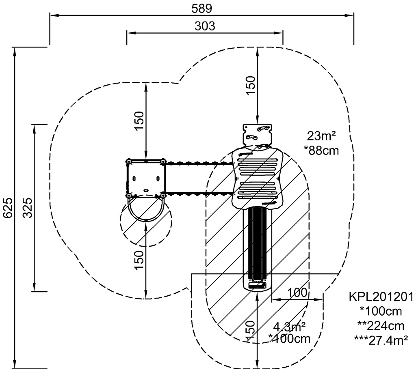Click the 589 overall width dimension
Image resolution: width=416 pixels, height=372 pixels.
tap(202, 9)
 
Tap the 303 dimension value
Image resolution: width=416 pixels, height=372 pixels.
tap(205, 26)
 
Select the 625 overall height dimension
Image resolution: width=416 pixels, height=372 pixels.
tap(8, 207)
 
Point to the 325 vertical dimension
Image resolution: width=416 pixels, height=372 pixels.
tap(27, 207)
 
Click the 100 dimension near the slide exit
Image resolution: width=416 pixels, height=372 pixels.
tap(297, 293)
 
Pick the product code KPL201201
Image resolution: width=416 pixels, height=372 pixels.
tap(381, 297)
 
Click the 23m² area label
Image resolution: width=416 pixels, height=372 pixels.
tap(321, 136)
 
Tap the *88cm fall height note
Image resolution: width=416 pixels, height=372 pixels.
tap(321, 151)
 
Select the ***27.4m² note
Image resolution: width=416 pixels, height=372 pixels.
tap(381, 340)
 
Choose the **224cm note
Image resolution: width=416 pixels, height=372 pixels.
tap(381, 326)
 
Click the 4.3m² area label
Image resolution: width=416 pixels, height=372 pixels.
tap(289, 327)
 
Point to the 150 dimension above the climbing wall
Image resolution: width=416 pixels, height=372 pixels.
tap(251, 85)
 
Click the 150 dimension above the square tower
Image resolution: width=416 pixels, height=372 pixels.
tap(139, 121)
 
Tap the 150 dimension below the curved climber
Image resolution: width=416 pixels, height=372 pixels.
tap(139, 260)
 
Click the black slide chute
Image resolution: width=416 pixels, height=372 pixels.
tap(257, 243)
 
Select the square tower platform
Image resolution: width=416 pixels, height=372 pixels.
tap(146, 178)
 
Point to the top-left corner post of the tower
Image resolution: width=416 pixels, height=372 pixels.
tap(129, 161)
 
